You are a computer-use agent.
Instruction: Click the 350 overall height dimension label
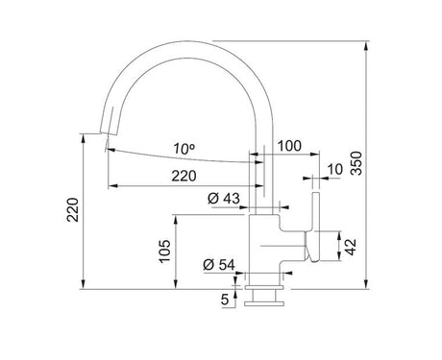pyautogui.click(x=356, y=163)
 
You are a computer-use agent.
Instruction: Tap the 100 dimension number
pyautogui.click(x=289, y=146)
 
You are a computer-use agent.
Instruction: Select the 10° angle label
pyautogui.click(x=184, y=149)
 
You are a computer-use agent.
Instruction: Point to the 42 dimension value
pyautogui.click(x=351, y=247)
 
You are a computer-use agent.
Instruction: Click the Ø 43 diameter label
pyautogui.click(x=224, y=199)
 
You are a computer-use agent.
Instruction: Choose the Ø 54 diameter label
pyautogui.click(x=219, y=265)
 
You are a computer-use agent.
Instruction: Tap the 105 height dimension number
pyautogui.click(x=165, y=252)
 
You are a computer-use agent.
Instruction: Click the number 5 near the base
pyautogui.click(x=225, y=300)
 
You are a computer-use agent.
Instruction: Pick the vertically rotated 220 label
pyautogui.click(x=73, y=210)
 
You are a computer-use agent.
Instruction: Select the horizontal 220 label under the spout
pyautogui.click(x=184, y=176)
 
